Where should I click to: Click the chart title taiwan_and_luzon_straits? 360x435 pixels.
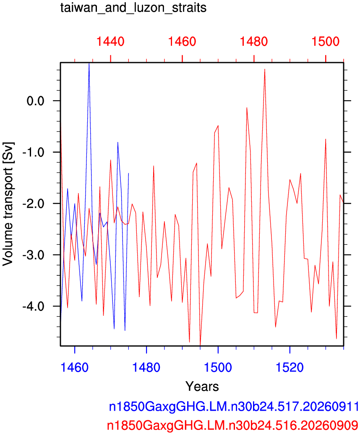(x=133, y=8)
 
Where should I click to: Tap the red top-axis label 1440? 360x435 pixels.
(x=110, y=42)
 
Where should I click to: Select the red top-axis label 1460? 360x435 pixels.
(x=182, y=42)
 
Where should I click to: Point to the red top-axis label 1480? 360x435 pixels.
(x=254, y=42)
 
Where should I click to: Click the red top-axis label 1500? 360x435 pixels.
(x=326, y=42)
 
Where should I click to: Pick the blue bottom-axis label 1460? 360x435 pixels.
(x=75, y=367)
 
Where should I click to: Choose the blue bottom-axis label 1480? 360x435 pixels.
(x=146, y=367)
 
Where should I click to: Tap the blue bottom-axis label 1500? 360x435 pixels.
(x=218, y=367)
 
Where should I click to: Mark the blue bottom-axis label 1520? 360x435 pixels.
(x=290, y=367)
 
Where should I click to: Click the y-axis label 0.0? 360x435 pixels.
(x=36, y=101)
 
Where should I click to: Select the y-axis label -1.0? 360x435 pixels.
(x=34, y=152)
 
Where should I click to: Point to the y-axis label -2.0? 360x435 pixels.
(x=34, y=203)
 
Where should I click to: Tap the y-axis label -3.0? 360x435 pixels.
(x=34, y=255)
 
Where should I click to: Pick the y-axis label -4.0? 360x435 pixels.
(x=34, y=306)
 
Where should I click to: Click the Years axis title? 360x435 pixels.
(x=202, y=386)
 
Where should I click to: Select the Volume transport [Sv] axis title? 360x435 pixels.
(x=8, y=204)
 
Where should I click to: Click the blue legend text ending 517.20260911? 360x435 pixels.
(x=234, y=407)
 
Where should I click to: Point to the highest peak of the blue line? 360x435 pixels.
(x=89, y=63)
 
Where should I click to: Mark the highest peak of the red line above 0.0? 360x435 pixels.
(x=265, y=69)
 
